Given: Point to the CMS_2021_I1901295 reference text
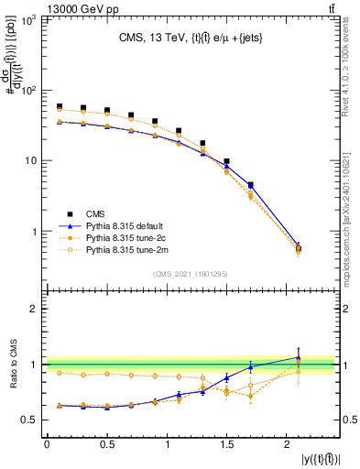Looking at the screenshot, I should [191, 273].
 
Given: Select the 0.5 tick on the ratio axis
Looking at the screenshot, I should [29, 420].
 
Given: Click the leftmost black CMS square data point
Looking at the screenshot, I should [59, 106].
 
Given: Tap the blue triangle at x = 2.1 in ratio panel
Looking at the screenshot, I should [298, 357].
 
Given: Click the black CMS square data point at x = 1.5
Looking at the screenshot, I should [226, 161].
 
